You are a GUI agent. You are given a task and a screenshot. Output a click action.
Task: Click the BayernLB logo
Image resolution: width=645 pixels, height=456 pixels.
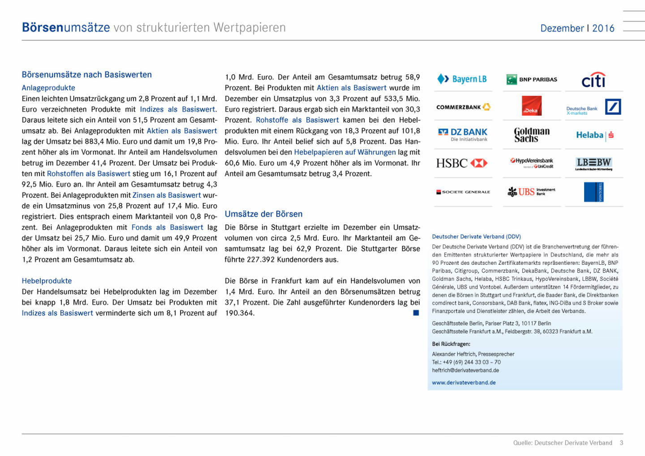click(x=462, y=79)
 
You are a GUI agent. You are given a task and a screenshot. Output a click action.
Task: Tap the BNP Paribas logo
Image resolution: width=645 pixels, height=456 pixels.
click(x=532, y=80)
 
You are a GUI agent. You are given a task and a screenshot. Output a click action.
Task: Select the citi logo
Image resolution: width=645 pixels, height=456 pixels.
click(x=593, y=80)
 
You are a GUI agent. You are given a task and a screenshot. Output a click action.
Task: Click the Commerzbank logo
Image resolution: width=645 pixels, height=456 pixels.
click(x=463, y=107)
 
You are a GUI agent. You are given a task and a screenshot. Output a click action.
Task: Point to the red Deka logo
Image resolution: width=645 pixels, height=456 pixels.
click(x=532, y=106)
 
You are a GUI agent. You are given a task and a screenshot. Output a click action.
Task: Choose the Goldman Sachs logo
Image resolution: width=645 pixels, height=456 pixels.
click(x=532, y=134)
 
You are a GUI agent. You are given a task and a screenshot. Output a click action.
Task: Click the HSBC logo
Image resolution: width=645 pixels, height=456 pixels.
click(x=462, y=163)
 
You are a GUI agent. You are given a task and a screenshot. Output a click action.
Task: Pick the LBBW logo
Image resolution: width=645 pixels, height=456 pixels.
click(x=593, y=163)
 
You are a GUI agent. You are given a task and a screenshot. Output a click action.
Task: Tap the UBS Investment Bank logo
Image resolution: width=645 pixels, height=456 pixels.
click(x=532, y=192)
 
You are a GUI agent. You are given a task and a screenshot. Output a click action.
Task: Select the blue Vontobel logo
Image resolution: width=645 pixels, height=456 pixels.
click(x=594, y=192)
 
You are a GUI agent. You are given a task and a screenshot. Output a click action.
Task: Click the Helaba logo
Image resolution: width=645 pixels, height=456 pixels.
click(x=594, y=135)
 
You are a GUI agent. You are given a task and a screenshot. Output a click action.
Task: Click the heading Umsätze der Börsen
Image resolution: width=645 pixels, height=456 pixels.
click(x=263, y=214)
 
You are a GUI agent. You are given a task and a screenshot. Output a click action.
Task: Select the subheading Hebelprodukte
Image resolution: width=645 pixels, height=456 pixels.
click(x=47, y=281)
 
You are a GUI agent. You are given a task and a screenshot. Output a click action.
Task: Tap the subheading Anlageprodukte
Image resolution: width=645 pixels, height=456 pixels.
click(x=48, y=88)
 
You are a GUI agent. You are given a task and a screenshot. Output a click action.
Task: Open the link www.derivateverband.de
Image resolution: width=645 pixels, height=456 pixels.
click(x=464, y=383)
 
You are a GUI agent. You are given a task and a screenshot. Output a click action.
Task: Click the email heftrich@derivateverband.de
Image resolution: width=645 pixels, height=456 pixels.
click(x=465, y=370)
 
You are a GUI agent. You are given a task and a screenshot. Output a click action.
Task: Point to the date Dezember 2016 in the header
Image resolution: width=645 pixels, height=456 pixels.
click(x=577, y=28)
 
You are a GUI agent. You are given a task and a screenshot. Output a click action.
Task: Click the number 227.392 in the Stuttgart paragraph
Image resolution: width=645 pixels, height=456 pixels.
click(x=260, y=259)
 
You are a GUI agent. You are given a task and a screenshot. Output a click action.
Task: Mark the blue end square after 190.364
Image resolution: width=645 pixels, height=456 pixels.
click(x=416, y=313)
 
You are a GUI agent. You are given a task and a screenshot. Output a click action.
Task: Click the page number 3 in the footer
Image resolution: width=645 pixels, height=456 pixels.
click(x=621, y=443)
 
